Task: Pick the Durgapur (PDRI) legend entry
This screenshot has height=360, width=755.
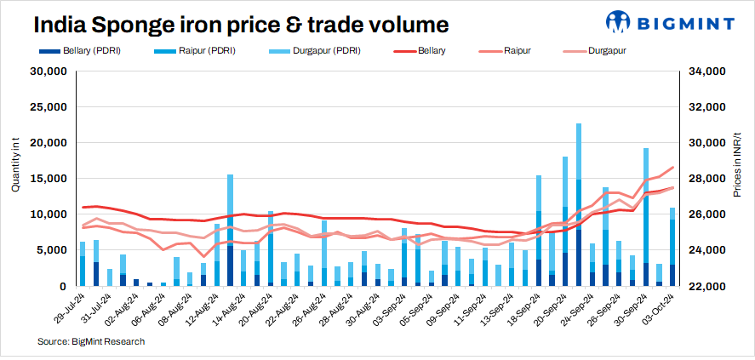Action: point(322,52)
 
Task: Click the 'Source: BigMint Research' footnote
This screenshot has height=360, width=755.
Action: point(91,341)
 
